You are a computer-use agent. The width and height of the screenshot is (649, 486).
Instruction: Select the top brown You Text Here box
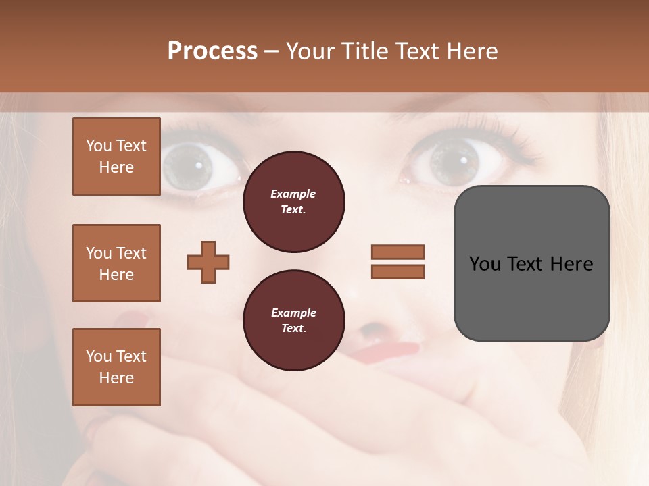[116, 157]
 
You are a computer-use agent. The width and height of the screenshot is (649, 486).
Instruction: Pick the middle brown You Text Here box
[116, 263]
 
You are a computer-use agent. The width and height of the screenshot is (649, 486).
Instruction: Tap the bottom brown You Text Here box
[116, 367]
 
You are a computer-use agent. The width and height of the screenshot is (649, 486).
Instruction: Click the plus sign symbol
[208, 262]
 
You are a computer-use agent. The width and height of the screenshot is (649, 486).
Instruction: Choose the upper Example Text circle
[293, 202]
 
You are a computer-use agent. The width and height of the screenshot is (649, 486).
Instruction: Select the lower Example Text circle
[293, 321]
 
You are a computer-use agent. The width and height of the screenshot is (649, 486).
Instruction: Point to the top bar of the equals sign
[398, 252]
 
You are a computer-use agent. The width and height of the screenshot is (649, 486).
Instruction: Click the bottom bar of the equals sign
[398, 271]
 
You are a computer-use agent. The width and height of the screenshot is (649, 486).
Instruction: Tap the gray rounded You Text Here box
[531, 263]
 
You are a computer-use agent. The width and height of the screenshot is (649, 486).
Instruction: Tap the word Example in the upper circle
[293, 194]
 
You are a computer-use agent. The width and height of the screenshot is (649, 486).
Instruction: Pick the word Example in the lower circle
[293, 313]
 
